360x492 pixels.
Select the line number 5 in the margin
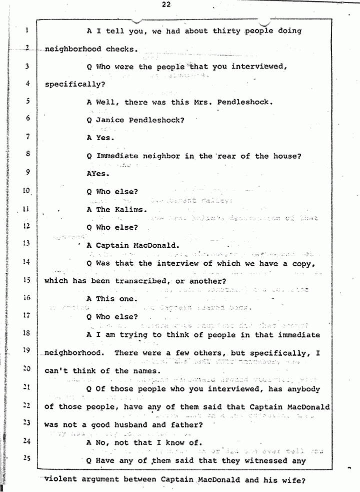[27, 101]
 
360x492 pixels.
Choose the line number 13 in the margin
[27, 244]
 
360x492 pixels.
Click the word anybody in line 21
[301, 389]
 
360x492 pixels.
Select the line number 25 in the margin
[27, 458]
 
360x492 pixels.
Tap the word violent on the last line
[61, 479]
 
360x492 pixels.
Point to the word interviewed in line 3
[259, 67]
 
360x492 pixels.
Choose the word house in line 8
[285, 156]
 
